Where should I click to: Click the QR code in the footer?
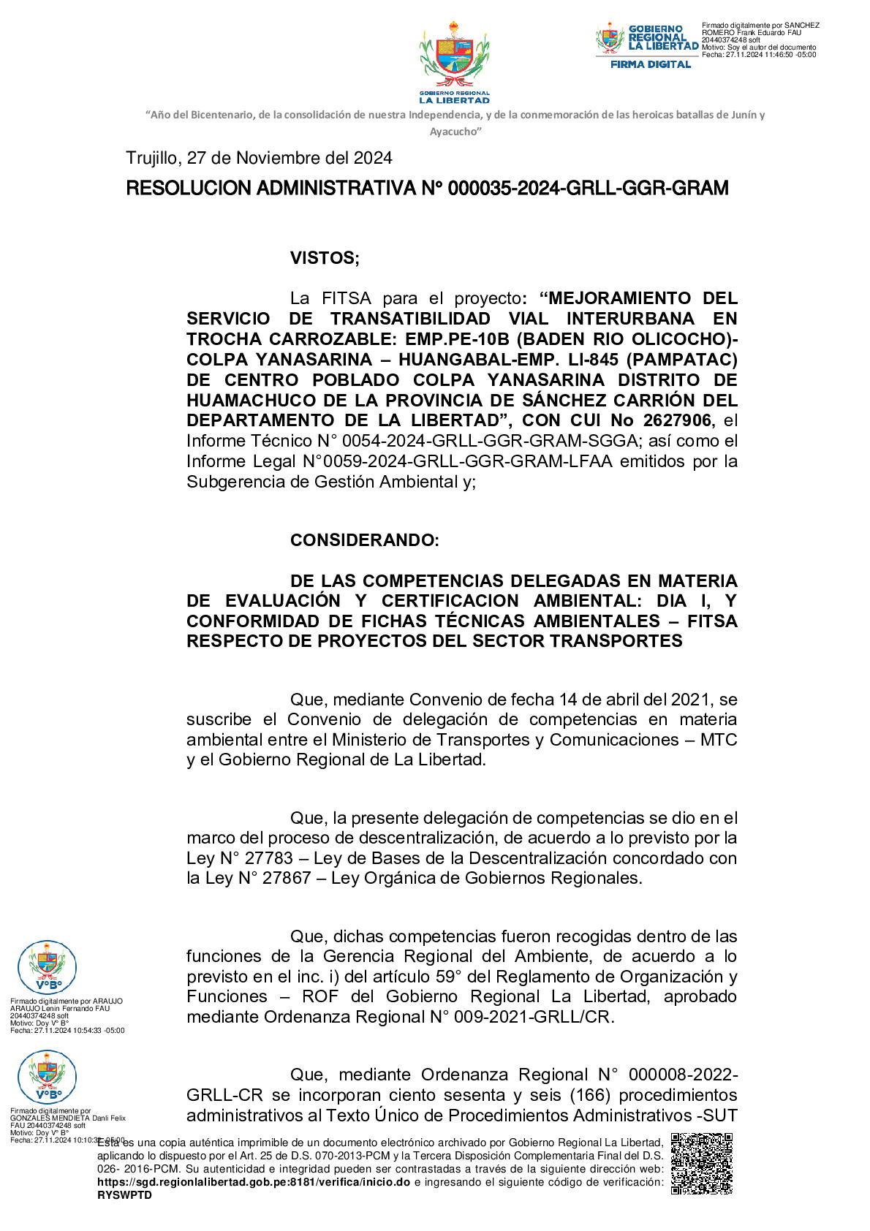(701, 1164)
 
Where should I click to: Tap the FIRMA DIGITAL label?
(651, 64)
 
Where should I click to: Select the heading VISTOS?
(325, 258)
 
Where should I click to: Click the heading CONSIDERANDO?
(364, 540)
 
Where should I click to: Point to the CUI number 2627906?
(676, 420)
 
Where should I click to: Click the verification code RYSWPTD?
(124, 1195)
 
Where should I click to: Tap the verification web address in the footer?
(253, 1182)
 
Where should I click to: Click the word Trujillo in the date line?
(151, 158)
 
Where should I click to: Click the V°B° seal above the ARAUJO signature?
(47, 967)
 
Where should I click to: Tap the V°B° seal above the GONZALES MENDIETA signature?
(47, 1077)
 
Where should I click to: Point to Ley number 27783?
(268, 858)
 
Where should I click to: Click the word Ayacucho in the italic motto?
(454, 132)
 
